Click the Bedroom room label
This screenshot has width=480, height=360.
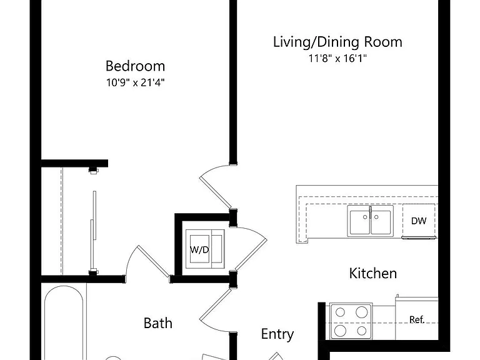[x=135, y=66]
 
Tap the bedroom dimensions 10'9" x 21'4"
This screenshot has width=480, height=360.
[x=135, y=82]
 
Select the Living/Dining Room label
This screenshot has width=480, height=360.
[x=337, y=42]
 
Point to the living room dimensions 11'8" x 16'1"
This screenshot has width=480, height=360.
[x=337, y=58]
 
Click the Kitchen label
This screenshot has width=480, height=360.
[x=373, y=273]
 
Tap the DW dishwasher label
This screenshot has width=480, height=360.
[x=419, y=221]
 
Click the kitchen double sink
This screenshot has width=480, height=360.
[x=370, y=221]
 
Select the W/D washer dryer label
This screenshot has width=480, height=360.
[x=199, y=250]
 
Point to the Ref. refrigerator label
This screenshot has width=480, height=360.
[x=417, y=319]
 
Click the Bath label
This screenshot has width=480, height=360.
[x=158, y=323]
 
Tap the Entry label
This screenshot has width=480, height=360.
[x=277, y=334]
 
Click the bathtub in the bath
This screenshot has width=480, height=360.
[x=64, y=323]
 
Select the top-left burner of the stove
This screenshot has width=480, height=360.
[x=340, y=312]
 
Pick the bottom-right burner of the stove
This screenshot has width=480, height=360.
[x=362, y=331]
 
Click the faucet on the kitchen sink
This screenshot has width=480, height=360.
[x=370, y=212]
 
